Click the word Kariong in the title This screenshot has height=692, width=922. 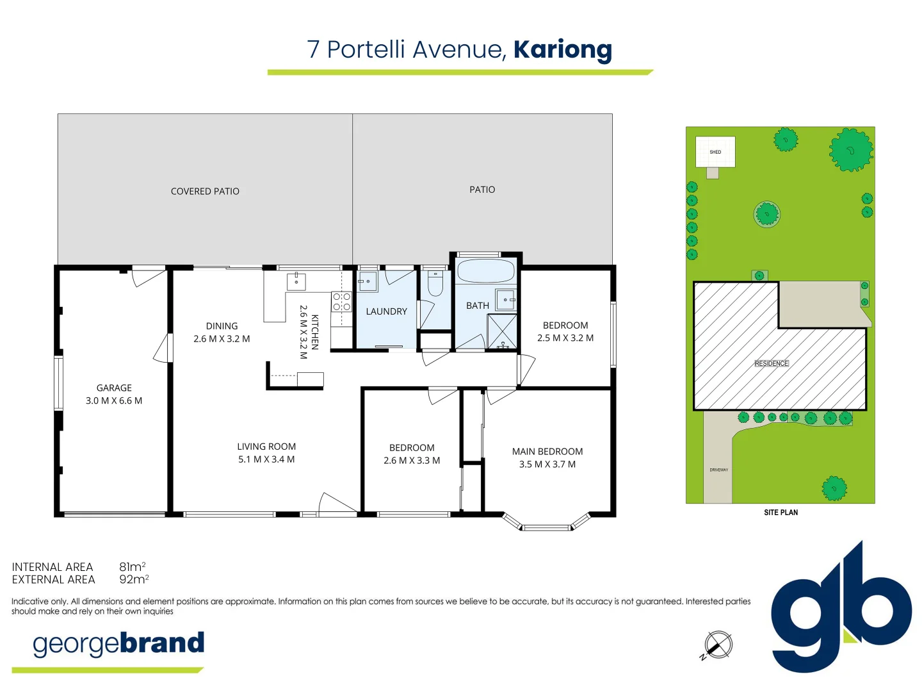click(x=562, y=50)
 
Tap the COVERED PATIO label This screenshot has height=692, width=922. click(x=205, y=192)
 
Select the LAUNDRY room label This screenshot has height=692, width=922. click(x=386, y=311)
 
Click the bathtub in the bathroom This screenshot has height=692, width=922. click(x=486, y=271)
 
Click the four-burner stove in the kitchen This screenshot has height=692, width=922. click(x=341, y=302)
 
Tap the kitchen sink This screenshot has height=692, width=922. click(x=296, y=281)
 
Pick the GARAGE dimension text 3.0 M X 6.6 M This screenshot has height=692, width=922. click(x=114, y=400)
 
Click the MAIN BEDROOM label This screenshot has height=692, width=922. click(x=547, y=452)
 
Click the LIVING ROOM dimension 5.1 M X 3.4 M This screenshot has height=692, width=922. click(x=266, y=459)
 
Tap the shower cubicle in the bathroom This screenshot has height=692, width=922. click(x=501, y=332)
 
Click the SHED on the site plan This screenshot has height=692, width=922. click(x=715, y=152)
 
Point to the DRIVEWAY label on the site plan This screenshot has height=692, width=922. click(x=718, y=470)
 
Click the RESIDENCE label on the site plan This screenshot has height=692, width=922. click(x=772, y=363)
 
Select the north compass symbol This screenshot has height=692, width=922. click(x=718, y=645)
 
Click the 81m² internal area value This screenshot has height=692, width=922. click(x=132, y=567)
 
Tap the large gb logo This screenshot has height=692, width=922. click(x=840, y=609)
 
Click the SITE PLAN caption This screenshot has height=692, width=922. click(x=780, y=513)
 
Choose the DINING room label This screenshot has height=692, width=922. click(x=222, y=326)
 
